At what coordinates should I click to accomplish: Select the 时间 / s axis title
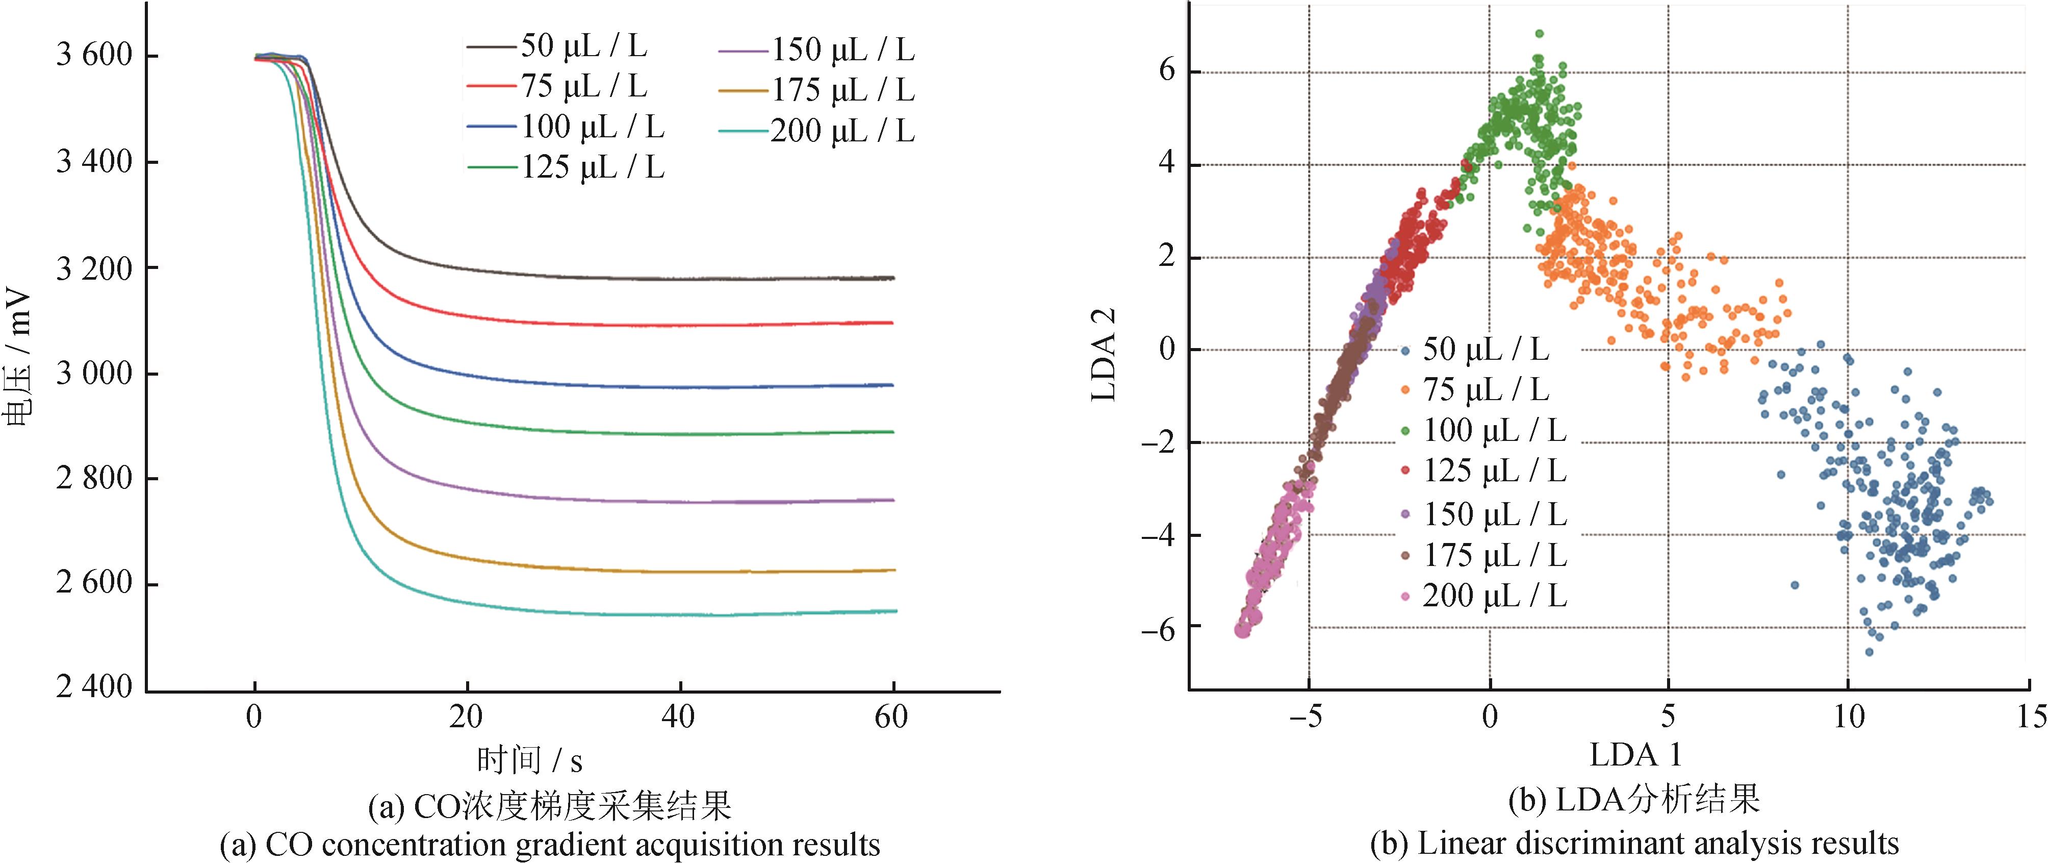coord(529,760)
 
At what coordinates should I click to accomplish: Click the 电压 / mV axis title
coord(17,358)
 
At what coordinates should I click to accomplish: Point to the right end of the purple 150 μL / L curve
coord(893,500)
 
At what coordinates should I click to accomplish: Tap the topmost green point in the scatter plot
coord(1539,33)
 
